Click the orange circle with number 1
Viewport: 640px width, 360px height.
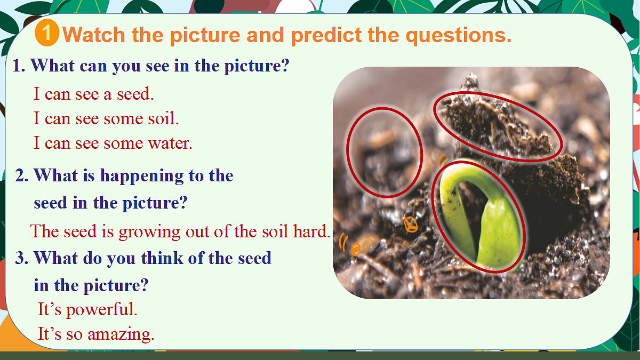[x=47, y=33]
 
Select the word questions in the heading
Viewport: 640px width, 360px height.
[x=458, y=35]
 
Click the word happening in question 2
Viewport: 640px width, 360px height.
[x=142, y=176]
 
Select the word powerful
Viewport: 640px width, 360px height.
[x=102, y=310]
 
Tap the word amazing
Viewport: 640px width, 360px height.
[x=121, y=334]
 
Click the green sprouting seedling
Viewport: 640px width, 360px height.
[x=480, y=217]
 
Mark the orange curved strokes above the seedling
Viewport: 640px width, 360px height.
[x=443, y=160]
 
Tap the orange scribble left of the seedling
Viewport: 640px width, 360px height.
[x=411, y=225]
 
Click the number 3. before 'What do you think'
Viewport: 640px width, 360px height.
[x=22, y=258]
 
